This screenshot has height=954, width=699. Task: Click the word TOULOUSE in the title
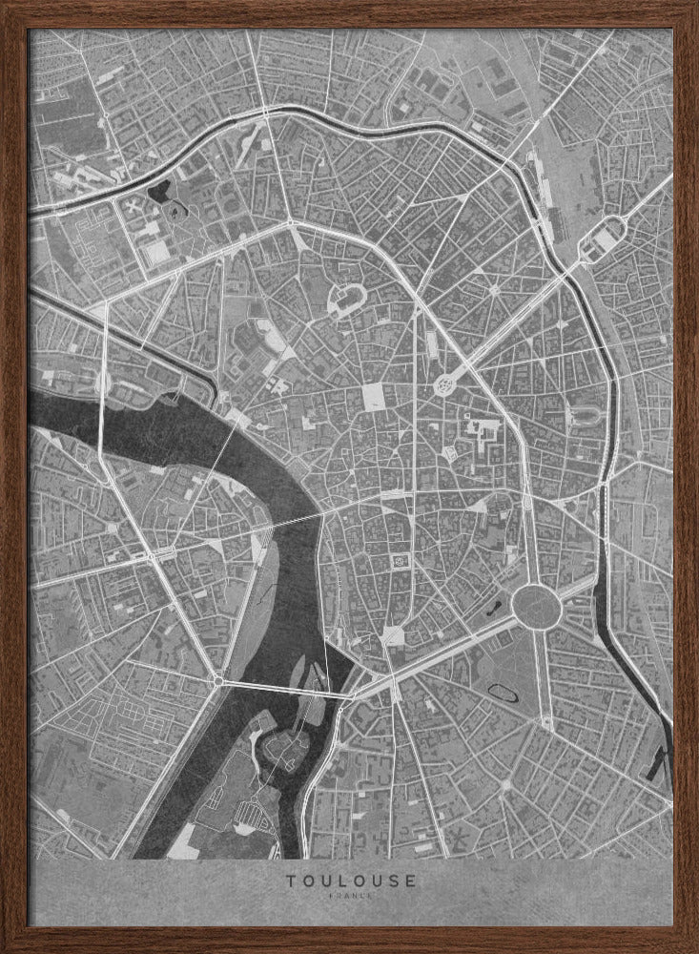349,881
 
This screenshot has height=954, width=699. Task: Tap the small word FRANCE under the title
349,898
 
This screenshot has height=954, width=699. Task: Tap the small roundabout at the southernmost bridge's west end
218,680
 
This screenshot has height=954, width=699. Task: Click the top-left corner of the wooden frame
8,8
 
